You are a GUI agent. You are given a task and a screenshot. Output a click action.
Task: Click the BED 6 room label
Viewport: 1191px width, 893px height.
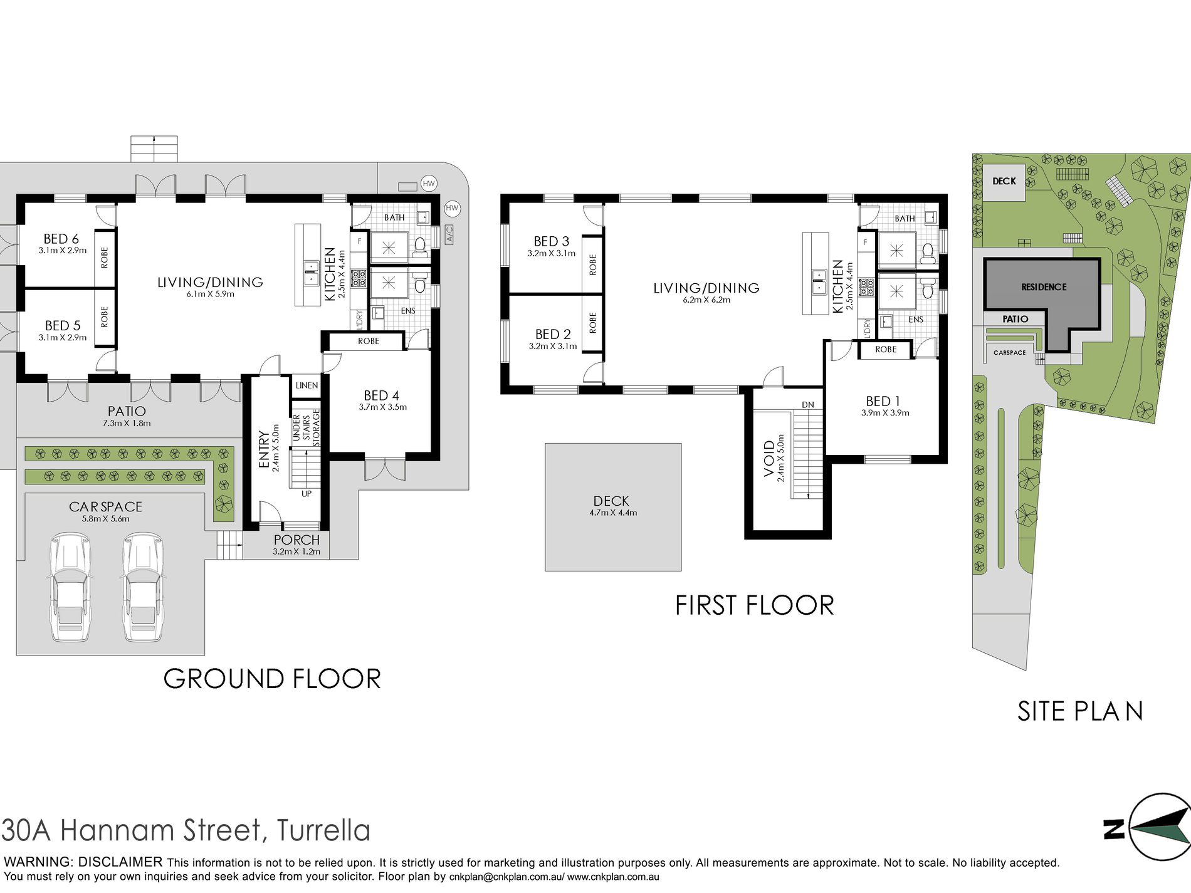click(61, 239)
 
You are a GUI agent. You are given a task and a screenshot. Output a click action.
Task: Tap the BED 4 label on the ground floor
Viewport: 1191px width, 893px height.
click(381, 395)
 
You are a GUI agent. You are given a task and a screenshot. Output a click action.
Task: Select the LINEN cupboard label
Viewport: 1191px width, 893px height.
click(307, 385)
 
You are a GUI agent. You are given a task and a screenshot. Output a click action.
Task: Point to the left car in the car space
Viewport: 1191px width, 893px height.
click(70, 587)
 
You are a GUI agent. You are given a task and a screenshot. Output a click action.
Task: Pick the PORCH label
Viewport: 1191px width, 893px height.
click(296, 540)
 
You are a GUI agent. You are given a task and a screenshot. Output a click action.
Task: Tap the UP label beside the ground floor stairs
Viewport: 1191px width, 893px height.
click(307, 494)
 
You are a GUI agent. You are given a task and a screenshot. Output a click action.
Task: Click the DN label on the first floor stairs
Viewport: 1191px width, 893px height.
click(808, 405)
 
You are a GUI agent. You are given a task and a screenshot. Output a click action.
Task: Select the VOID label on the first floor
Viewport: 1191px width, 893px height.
click(769, 458)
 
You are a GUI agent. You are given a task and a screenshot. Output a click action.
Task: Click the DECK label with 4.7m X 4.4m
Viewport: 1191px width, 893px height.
click(611, 501)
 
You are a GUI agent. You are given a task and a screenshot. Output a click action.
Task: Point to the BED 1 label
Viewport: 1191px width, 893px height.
click(883, 401)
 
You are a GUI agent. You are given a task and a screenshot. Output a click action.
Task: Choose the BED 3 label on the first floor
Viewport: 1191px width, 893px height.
click(552, 241)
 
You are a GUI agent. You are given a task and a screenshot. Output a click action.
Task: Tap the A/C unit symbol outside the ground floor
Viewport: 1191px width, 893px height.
click(449, 234)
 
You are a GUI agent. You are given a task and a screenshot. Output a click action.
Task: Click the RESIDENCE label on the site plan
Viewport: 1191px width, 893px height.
click(1044, 287)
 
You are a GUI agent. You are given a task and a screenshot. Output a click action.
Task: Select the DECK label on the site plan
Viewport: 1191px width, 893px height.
click(1004, 181)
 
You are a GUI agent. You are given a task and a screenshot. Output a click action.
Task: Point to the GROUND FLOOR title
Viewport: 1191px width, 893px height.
click(272, 679)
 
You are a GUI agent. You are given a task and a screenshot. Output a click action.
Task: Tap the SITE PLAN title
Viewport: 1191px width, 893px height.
click(1080, 711)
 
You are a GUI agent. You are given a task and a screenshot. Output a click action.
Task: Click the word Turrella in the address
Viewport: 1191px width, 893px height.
click(323, 830)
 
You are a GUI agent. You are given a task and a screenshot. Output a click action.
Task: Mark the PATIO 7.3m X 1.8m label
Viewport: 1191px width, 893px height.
click(127, 416)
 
